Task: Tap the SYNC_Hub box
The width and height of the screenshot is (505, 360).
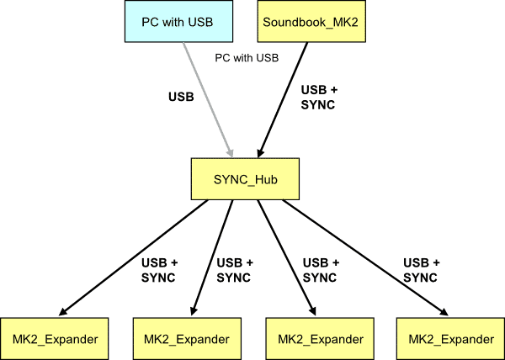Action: [245, 178]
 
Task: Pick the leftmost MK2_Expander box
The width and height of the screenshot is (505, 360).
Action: [56, 338]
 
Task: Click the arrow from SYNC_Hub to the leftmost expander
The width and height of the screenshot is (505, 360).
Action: [135, 256]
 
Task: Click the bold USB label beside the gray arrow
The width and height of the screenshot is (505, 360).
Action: [180, 97]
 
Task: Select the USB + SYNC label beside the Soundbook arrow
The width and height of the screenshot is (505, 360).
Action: [318, 97]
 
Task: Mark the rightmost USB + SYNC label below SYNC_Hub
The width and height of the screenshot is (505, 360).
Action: [422, 269]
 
